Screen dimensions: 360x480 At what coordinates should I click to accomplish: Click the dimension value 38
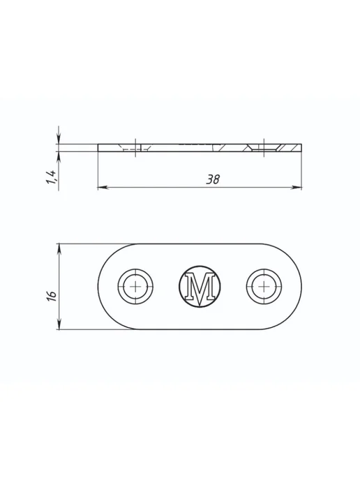tap(213, 179)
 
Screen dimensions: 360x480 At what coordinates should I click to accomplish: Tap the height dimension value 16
tap(52, 296)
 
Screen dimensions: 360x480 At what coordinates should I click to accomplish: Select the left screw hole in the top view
tap(135, 287)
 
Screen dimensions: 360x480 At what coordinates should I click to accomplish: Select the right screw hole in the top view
tap(264, 287)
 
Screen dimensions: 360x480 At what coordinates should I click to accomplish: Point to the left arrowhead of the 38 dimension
tap(103, 187)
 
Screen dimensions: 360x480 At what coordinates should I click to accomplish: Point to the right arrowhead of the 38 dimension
tap(297, 187)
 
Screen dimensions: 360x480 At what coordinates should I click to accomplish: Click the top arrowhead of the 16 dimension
tap(59, 249)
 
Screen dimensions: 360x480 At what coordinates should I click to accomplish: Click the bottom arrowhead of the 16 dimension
tap(59, 324)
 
